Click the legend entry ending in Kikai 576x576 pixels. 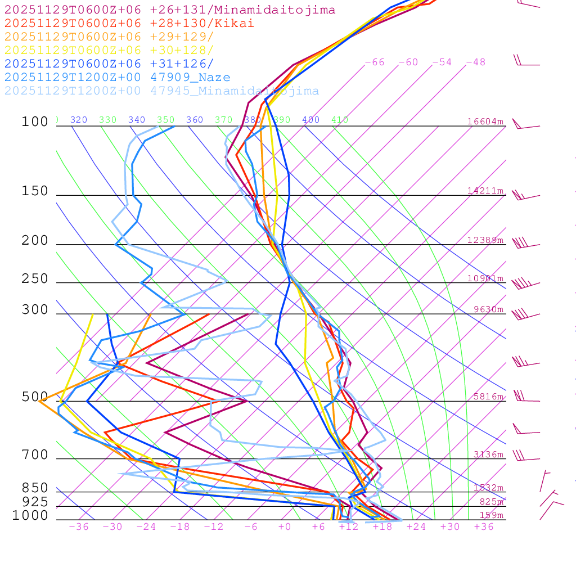[x=129, y=24]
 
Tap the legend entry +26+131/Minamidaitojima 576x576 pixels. [x=170, y=10]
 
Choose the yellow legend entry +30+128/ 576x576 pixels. [x=109, y=51]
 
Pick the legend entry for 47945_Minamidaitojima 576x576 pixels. [x=162, y=91]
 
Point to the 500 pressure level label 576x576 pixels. [x=35, y=397]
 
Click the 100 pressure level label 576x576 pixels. [x=35, y=122]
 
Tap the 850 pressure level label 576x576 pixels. [x=35, y=488]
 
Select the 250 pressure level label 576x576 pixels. [x=35, y=279]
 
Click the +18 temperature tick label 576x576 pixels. [x=382, y=526]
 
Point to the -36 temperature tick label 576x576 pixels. [x=78, y=526]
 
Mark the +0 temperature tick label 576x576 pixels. [x=285, y=526]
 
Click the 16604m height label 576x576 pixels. [x=485, y=121]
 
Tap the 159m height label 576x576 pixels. [x=492, y=515]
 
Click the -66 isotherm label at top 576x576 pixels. [x=375, y=62]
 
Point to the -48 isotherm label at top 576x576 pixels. [x=476, y=62]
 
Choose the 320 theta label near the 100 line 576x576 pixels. [x=79, y=120]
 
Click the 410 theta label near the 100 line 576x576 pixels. [x=340, y=120]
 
